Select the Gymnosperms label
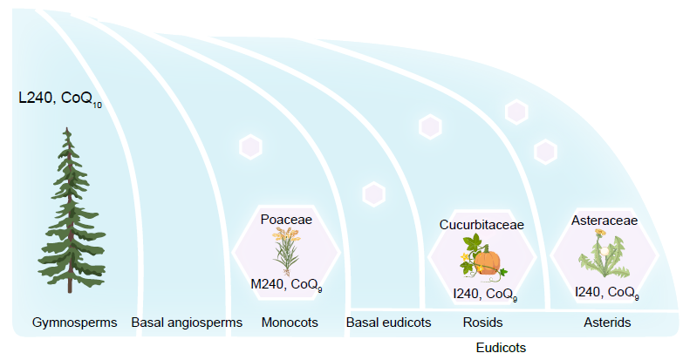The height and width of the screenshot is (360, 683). pos(74,323)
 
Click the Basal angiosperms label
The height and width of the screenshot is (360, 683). pos(187,323)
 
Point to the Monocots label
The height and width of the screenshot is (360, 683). pos(290,323)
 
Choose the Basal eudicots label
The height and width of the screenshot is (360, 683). pos(389,323)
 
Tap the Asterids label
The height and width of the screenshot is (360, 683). pos(607,323)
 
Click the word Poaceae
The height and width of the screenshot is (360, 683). pos(286,220)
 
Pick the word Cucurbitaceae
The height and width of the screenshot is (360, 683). pos(482,225)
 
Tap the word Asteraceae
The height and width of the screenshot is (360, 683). pos(604,220)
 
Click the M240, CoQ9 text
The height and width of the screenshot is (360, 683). pos(286,285)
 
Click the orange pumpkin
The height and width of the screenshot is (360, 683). pos(487,261)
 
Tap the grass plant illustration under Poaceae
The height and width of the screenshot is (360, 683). pos(285,251)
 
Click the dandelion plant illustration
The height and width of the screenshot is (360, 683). pos(604,255)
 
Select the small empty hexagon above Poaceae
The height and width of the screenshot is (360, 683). pos(251,146)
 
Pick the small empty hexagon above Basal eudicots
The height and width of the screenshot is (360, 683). pos(374,194)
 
